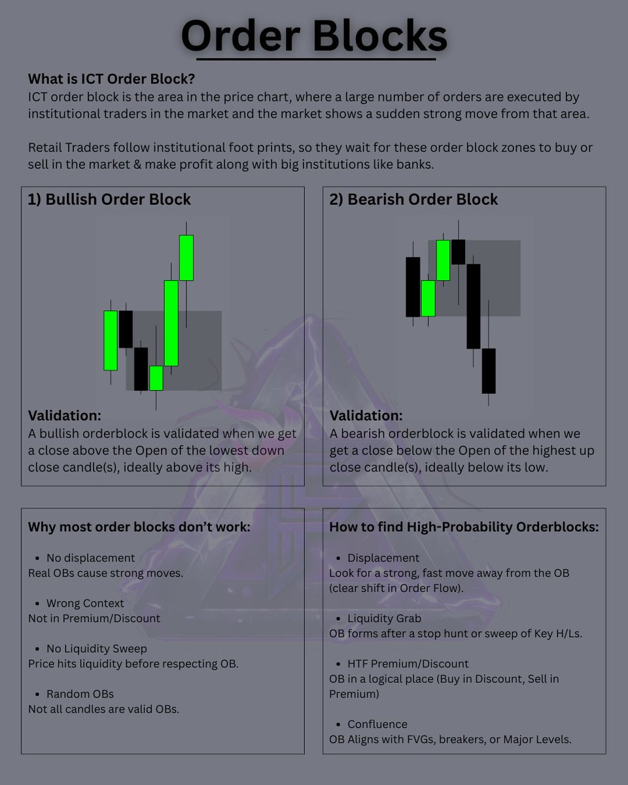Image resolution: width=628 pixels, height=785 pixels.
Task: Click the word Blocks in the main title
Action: pos(380,37)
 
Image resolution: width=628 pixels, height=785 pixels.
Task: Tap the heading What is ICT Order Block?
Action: pos(112,78)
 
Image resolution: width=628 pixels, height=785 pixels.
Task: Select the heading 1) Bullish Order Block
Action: pos(109,200)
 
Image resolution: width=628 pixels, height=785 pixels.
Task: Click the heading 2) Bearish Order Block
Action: pos(413,200)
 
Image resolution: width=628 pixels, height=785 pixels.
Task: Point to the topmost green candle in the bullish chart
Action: pos(186,258)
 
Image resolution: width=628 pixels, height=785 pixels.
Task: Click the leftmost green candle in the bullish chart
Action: pos(111,340)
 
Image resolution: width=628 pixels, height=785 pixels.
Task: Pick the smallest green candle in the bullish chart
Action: pos(156,378)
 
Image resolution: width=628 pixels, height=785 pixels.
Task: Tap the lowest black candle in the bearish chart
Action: pos(489,371)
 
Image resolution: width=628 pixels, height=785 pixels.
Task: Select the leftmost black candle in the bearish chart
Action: pos(413,287)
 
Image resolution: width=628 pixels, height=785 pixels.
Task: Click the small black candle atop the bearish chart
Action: pos(459,252)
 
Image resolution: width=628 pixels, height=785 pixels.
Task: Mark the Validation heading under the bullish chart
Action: pos(65,415)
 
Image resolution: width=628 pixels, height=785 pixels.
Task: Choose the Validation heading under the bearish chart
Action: pos(366,415)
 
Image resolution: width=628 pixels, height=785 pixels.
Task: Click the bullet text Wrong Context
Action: pos(85,603)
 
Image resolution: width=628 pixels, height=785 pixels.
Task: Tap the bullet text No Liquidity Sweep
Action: pos(96,648)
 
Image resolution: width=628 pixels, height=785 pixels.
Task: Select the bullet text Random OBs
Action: pos(80,693)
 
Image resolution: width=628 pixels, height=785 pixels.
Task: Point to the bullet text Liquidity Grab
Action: pos(384,618)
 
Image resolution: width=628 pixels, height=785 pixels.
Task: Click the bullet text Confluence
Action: pos(377,724)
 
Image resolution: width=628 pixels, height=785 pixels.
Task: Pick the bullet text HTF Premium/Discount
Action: pos(408,663)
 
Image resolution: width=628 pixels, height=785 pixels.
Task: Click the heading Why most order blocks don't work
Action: pos(139,527)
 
